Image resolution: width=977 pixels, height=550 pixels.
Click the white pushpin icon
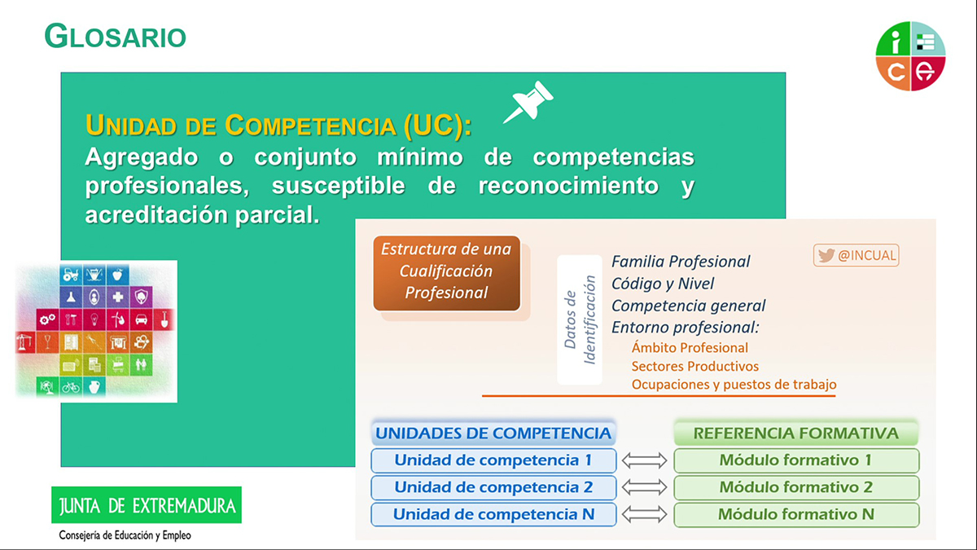(529, 102)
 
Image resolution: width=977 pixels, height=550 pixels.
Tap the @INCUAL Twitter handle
(857, 255)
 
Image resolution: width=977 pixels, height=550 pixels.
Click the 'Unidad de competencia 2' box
(493, 487)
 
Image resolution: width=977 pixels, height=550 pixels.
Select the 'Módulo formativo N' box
(796, 514)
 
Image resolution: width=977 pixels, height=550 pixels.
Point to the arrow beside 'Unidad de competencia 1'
(644, 460)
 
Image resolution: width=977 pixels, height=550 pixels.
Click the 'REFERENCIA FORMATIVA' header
(796, 433)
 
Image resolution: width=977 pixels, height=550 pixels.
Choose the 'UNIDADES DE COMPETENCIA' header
(493, 433)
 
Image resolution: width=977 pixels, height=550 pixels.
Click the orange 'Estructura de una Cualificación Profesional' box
(447, 273)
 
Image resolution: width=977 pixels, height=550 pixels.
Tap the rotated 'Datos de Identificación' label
(580, 319)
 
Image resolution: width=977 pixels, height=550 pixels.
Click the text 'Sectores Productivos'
(694, 366)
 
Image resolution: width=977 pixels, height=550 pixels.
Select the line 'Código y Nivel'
(663, 284)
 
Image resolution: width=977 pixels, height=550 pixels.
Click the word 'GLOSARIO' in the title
(116, 36)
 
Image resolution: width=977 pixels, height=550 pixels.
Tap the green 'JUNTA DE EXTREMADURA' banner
(147, 505)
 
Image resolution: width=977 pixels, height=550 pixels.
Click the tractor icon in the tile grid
(71, 275)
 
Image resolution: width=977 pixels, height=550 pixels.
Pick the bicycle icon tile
(71, 387)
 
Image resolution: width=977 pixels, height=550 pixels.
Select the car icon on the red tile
(141, 319)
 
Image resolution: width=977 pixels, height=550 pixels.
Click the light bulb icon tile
(94, 319)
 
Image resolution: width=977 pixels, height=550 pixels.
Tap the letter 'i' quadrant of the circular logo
(894, 40)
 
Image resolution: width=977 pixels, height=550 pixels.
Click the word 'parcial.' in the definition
(278, 215)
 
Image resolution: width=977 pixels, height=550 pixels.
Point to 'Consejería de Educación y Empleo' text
(125, 535)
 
